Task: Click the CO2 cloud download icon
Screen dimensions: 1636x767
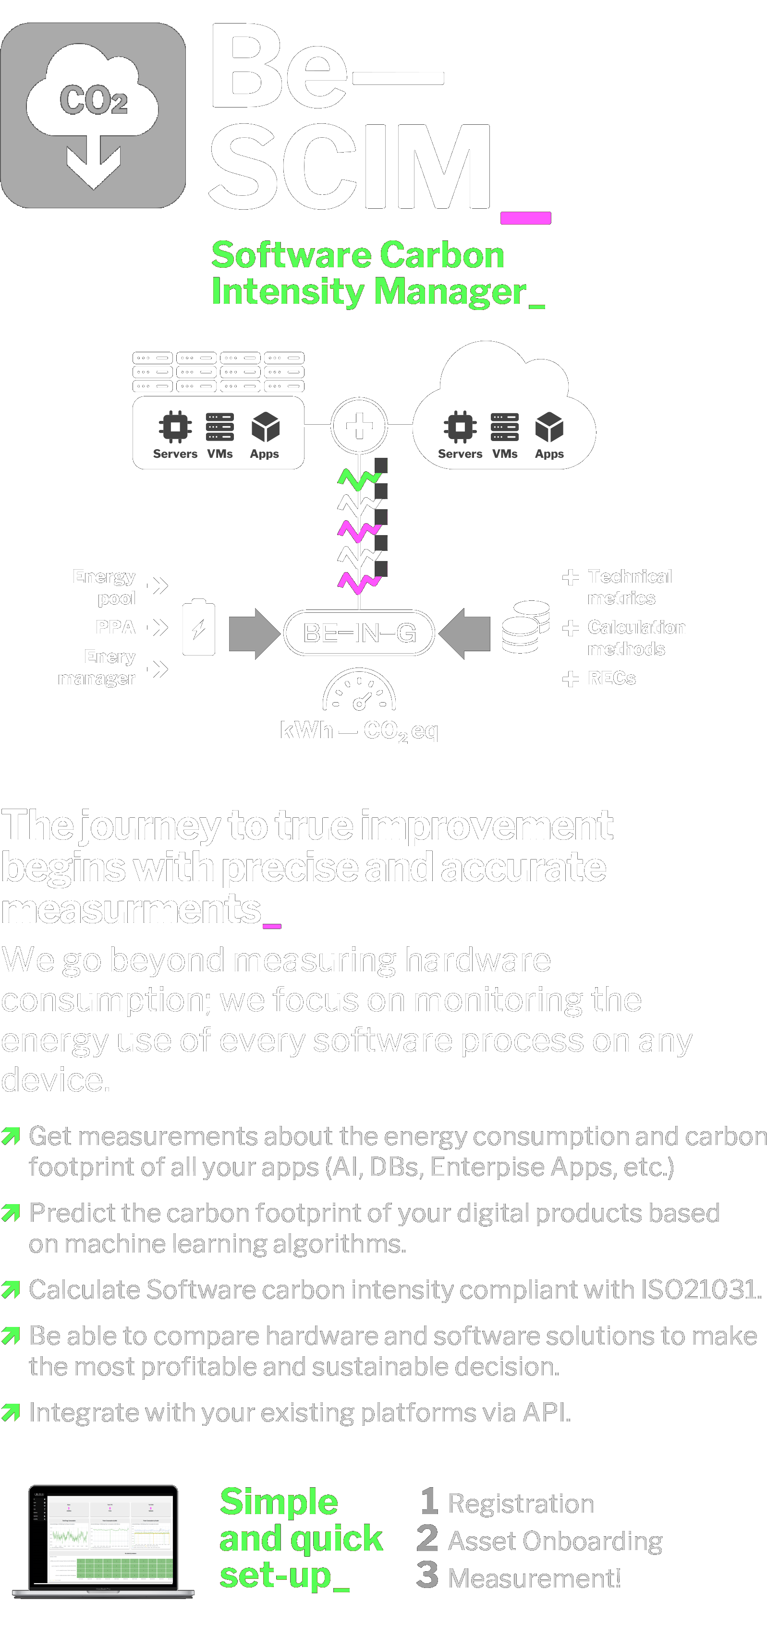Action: tap(93, 116)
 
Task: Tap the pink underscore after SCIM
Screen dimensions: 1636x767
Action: tap(525, 218)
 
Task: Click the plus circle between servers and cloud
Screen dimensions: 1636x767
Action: tap(359, 426)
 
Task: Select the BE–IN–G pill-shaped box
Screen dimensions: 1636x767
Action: tap(359, 633)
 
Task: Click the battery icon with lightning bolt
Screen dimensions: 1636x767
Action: tap(198, 627)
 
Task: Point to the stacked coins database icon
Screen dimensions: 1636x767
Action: tap(525, 627)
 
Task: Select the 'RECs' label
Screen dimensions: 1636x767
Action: tap(611, 678)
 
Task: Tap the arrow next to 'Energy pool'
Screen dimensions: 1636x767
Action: tap(158, 585)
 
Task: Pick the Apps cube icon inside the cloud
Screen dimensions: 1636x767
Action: tap(549, 427)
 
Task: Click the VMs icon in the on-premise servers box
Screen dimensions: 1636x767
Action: tap(220, 427)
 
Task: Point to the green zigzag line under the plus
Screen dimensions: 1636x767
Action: tap(359, 479)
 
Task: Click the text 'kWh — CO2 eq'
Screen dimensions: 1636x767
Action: tap(359, 731)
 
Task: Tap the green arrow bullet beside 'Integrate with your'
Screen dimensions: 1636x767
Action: tap(11, 1412)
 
